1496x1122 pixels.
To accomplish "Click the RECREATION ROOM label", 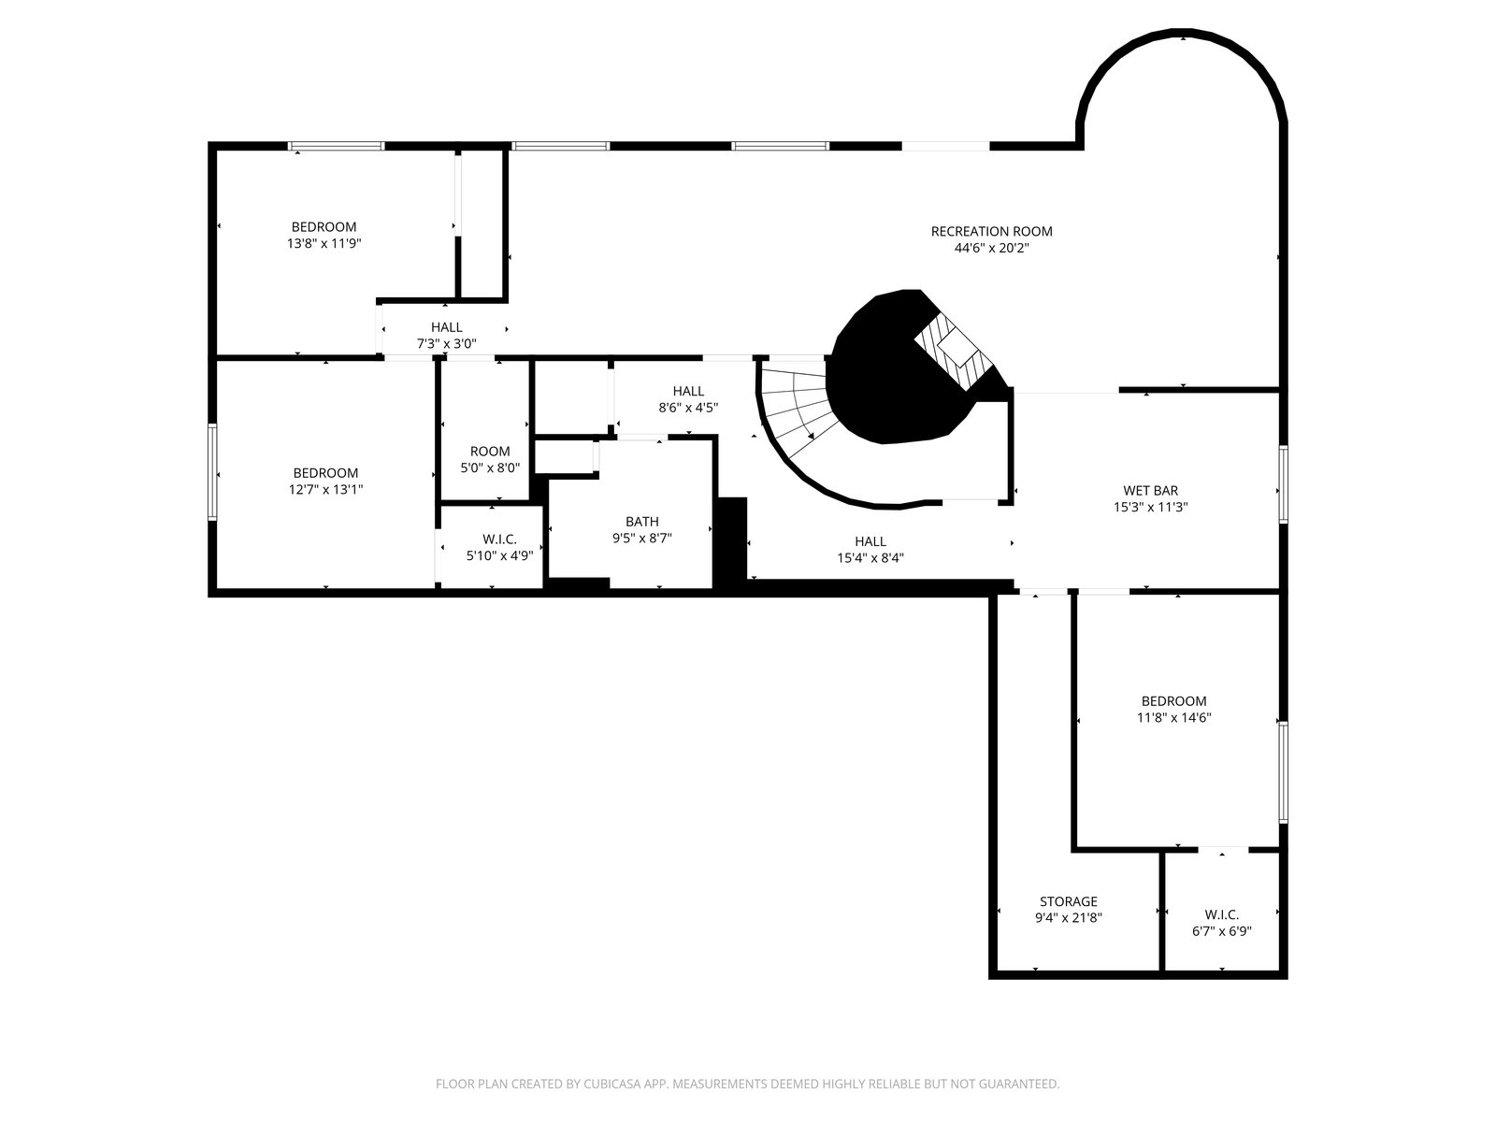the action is [x=991, y=232].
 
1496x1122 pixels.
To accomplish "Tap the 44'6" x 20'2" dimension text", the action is [x=991, y=248].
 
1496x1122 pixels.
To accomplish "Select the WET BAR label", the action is [x=1150, y=491].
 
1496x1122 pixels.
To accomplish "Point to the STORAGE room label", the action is [x=1068, y=901].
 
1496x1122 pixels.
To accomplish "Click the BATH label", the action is [x=642, y=522].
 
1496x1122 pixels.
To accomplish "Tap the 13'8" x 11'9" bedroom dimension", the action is [x=324, y=243].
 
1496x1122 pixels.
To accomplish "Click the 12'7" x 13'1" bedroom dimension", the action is [x=325, y=489].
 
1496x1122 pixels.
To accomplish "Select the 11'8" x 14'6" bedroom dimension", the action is [x=1173, y=717].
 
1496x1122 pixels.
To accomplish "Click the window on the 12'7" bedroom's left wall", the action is [x=212, y=472].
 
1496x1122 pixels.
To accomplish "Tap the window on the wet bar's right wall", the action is [x=1284, y=484].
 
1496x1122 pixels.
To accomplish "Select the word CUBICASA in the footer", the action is [x=612, y=1084].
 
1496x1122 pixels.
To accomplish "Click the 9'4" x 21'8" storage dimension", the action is [x=1068, y=917].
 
